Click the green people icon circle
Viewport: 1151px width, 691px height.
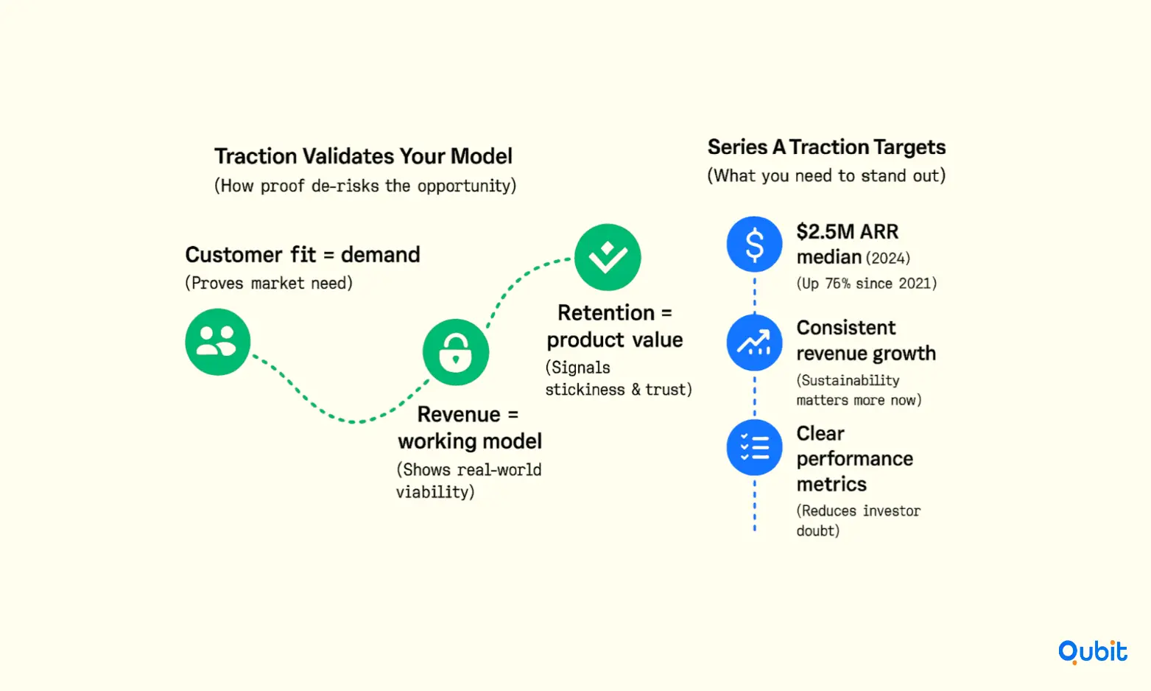coord(218,342)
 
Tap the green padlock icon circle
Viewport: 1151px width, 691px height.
coord(456,352)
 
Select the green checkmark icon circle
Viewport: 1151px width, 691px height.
coord(608,257)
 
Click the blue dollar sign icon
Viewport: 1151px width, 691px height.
coord(754,245)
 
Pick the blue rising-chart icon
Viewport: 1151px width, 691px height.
coord(754,343)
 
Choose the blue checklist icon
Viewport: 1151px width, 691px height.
coord(754,447)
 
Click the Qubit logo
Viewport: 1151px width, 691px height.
coord(1092,652)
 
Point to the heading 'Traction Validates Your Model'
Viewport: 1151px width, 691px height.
coord(363,156)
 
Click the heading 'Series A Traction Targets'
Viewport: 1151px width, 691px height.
coord(826,147)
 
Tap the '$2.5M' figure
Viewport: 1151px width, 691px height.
coord(826,232)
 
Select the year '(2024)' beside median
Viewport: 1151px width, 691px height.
coord(888,258)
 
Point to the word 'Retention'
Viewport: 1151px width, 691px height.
coord(606,312)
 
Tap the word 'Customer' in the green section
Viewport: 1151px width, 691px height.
coord(233,255)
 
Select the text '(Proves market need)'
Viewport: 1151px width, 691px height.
coord(269,283)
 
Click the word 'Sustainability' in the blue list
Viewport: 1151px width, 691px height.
coord(851,381)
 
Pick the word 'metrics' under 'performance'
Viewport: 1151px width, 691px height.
coord(831,484)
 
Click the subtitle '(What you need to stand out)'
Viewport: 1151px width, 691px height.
coord(826,176)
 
